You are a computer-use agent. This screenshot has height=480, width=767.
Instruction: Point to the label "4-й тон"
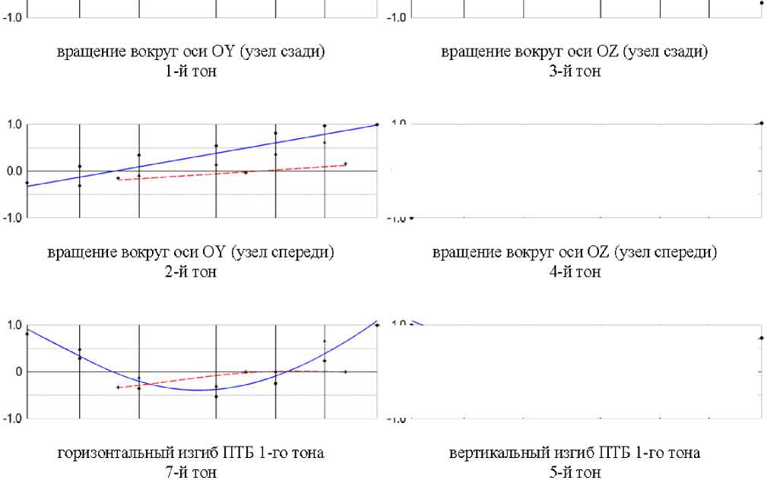(x=574, y=272)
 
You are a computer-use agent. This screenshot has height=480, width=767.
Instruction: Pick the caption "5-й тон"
(x=574, y=472)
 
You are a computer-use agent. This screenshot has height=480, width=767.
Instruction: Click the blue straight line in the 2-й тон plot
(x=228, y=151)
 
